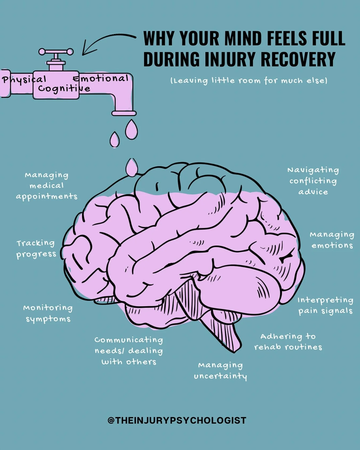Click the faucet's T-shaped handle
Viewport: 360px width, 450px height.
click(x=56, y=52)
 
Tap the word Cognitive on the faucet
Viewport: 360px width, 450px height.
click(x=64, y=88)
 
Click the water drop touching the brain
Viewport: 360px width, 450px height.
click(x=131, y=167)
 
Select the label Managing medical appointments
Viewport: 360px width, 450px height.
click(x=47, y=186)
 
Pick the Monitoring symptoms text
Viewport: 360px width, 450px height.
click(x=48, y=313)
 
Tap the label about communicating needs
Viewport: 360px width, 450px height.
click(x=129, y=351)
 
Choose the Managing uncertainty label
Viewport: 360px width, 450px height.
click(x=220, y=371)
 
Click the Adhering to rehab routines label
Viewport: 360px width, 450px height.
click(x=288, y=342)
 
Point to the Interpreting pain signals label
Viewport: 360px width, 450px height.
click(x=325, y=305)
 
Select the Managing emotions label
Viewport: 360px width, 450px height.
click(x=332, y=240)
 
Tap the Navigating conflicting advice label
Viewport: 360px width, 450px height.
click(x=313, y=181)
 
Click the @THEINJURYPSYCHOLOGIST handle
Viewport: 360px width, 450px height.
click(x=177, y=420)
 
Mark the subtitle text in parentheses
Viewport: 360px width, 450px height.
click(x=249, y=81)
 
